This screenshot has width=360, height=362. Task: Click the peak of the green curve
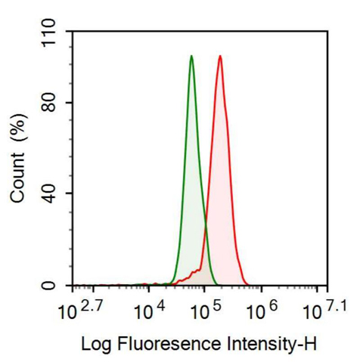point(191,56)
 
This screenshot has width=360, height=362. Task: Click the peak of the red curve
point(219,56)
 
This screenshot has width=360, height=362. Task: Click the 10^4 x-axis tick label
point(150,311)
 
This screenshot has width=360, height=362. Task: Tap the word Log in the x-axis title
point(95,345)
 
